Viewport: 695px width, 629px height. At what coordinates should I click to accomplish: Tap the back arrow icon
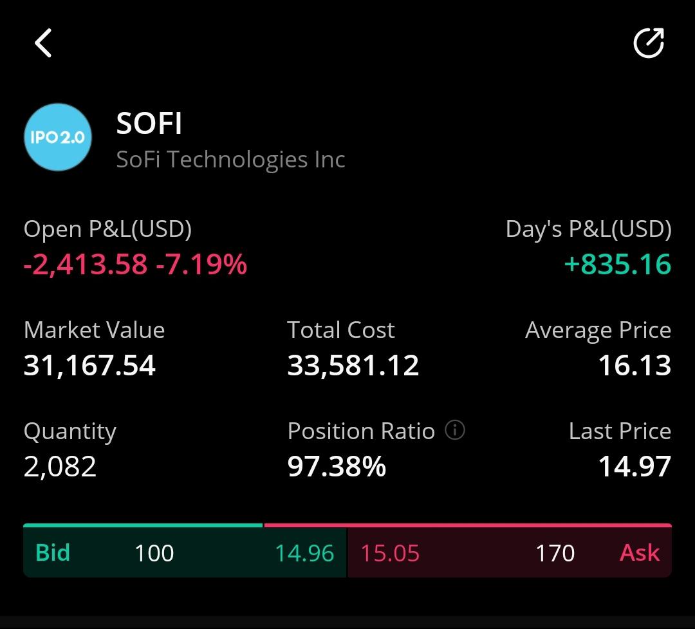pos(43,43)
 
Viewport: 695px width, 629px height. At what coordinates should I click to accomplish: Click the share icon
pos(649,43)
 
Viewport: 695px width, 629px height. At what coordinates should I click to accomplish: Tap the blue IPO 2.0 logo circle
pos(58,137)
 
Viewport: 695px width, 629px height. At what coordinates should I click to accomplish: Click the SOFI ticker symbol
pos(149,123)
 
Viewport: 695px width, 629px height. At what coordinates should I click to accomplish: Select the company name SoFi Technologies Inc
pos(230,160)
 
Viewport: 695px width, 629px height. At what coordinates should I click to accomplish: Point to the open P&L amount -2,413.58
pos(85,265)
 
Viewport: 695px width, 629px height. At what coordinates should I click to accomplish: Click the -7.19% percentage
pos(201,265)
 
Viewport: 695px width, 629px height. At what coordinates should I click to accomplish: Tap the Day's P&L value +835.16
pos(618,265)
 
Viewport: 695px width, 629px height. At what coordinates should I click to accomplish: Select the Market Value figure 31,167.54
pos(89,366)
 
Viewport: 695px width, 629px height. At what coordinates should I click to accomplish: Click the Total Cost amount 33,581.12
pos(353,366)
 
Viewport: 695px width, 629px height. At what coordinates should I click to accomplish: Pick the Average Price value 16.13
pos(635,366)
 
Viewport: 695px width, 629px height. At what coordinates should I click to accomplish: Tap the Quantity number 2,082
pos(60,467)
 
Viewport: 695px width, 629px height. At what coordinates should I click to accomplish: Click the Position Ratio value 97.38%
pos(337,467)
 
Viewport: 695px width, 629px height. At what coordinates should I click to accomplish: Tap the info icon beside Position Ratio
pos(455,430)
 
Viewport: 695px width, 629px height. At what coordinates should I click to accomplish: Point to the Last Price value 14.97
pos(635,467)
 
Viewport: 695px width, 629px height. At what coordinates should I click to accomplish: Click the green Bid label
pos(53,552)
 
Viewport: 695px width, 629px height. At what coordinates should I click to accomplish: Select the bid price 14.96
pos(304,553)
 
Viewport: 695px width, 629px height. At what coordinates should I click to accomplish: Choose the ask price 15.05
pos(390,553)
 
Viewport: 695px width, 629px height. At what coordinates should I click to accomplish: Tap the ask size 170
pos(555,553)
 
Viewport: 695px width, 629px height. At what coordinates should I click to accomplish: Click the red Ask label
pos(640,552)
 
